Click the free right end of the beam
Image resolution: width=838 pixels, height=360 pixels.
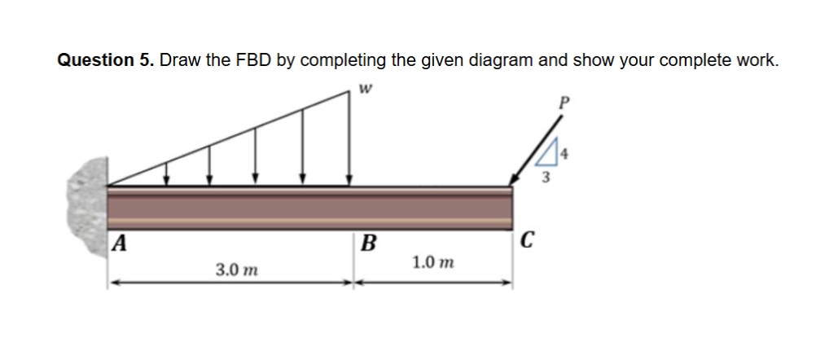[x=509, y=211]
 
